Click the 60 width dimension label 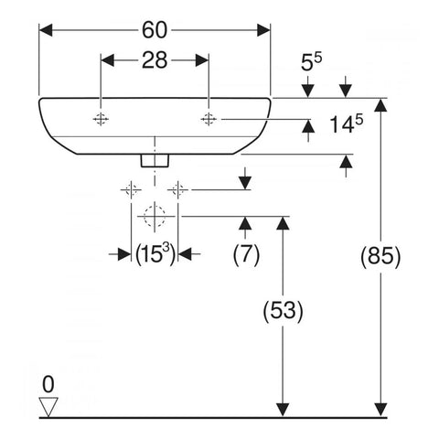point(155,30)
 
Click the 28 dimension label point(155,60)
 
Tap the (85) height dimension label point(380,255)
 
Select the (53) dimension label point(283,310)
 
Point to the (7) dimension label point(246,254)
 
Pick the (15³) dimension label point(155,254)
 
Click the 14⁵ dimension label point(347,124)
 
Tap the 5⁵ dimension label point(311,61)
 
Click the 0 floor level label point(48,385)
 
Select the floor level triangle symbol point(48,407)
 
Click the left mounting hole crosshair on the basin point(101,119)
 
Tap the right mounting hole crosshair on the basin point(209,119)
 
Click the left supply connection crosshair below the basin point(131,190)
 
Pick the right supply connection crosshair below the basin point(178,190)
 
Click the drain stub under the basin point(155,161)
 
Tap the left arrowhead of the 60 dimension point(46,30)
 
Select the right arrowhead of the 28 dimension point(202,60)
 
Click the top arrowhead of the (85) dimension point(380,105)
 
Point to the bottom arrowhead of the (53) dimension point(283,410)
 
